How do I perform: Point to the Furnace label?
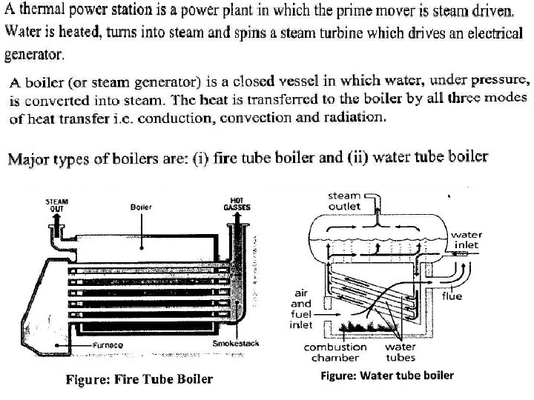coord(108,346)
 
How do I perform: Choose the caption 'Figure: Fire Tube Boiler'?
coord(139,379)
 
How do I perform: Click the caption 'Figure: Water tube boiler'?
coord(386,376)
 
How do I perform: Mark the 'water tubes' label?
coord(401,351)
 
